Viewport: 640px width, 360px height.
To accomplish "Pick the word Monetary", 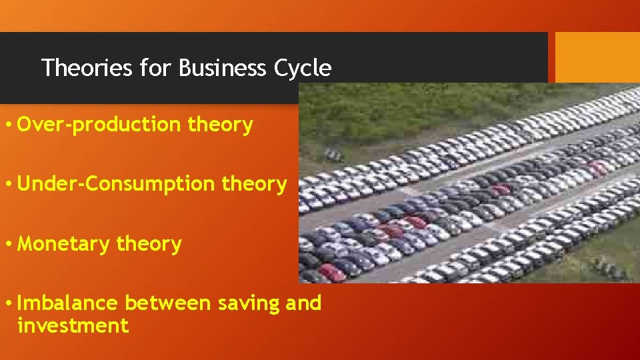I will [x=64, y=244].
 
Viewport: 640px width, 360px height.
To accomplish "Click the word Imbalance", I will [x=67, y=303].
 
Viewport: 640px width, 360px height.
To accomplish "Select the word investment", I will [x=73, y=326].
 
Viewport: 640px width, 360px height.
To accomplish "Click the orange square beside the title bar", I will [x=597, y=57].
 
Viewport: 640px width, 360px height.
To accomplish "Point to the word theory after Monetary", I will [x=149, y=245].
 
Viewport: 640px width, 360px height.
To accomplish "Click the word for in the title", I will [x=155, y=68].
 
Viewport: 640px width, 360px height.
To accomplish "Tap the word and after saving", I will [x=303, y=303].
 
